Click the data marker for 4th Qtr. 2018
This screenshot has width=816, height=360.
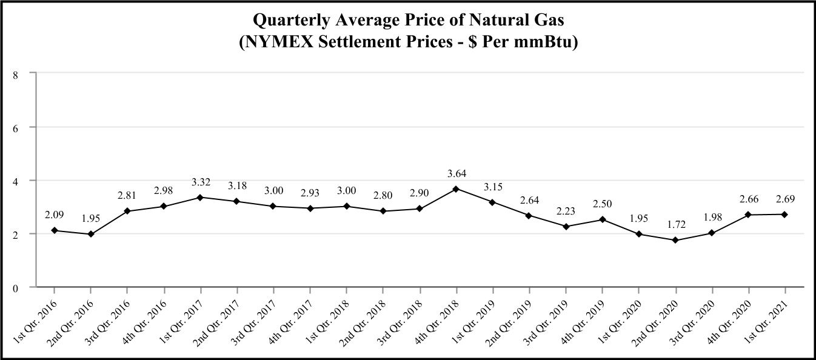tap(456, 188)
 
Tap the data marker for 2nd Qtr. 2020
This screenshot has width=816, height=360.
tap(675, 240)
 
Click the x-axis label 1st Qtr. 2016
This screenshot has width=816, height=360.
tap(38, 318)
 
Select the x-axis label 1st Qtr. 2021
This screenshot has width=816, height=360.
tap(769, 318)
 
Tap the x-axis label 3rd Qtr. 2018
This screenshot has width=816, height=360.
tap(404, 318)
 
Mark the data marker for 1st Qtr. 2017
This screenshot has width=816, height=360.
tap(200, 197)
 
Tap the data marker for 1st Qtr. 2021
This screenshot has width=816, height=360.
tap(784, 214)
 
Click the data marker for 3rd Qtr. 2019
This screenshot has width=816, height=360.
tap(566, 226)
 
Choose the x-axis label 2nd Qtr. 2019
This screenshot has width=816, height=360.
tap(513, 318)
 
